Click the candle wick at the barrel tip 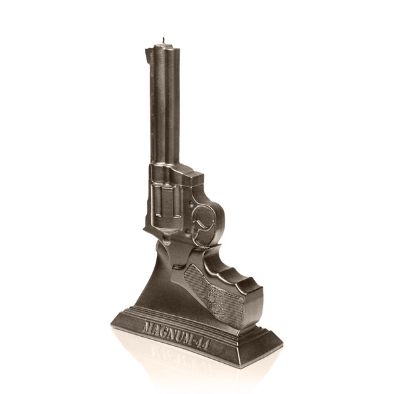pos(164,40)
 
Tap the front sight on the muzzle pos(148,55)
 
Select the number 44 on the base pos(202,344)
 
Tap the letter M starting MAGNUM pos(148,327)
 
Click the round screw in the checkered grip pos(212,298)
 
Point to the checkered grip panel pos(213,294)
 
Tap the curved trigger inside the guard pos(202,225)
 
